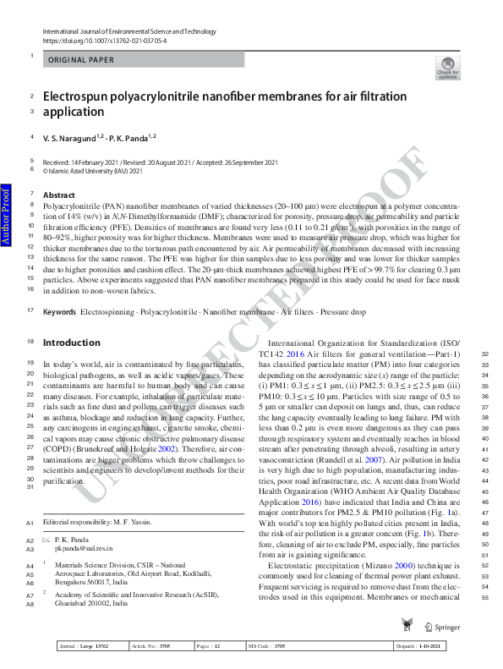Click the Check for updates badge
(x=447, y=69)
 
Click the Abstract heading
(x=59, y=195)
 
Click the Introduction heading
(x=71, y=343)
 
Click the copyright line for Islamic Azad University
(x=93, y=169)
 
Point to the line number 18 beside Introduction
(x=31, y=343)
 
